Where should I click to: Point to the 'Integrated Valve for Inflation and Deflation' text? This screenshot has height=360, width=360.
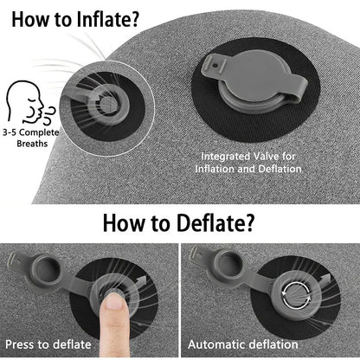251,163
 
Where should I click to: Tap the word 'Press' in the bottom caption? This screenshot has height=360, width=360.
22,344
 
